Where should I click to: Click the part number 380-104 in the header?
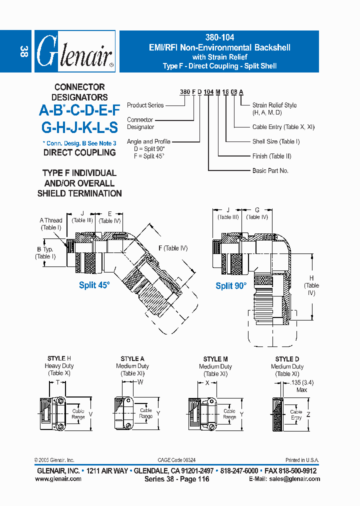pos(219,37)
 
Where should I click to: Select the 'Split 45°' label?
pos(94,285)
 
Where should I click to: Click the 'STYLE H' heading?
pos(59,358)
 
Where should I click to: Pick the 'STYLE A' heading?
pos(132,358)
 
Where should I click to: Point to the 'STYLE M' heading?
pos(215,359)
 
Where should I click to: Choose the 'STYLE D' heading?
pos(287,359)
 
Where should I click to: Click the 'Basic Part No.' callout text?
pos(270,170)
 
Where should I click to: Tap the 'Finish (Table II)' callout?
pos(271,156)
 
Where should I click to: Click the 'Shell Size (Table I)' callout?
pos(276,141)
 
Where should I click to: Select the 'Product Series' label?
pos(145,105)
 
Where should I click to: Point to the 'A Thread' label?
pos(51,220)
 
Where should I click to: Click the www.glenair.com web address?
pos(58,478)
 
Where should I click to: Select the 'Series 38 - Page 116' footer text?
pos(176,479)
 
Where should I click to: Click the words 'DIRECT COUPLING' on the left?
pos(79,152)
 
